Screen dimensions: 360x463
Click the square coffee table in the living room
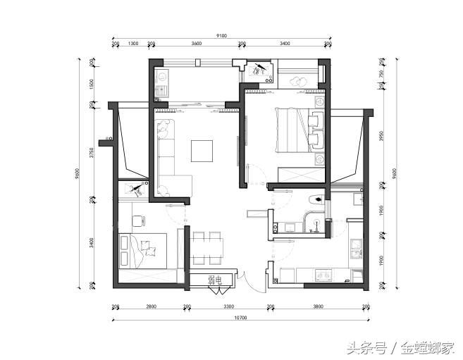click(x=202, y=151)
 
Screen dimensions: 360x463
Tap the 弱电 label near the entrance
click(x=215, y=280)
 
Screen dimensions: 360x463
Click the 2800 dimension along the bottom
click(x=151, y=307)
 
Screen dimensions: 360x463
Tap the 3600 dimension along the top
click(x=197, y=44)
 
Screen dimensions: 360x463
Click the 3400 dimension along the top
click(x=285, y=44)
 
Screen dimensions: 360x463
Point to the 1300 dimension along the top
click(x=133, y=44)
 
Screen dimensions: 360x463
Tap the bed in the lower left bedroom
click(x=146, y=250)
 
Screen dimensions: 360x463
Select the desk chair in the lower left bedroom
click(x=140, y=221)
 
